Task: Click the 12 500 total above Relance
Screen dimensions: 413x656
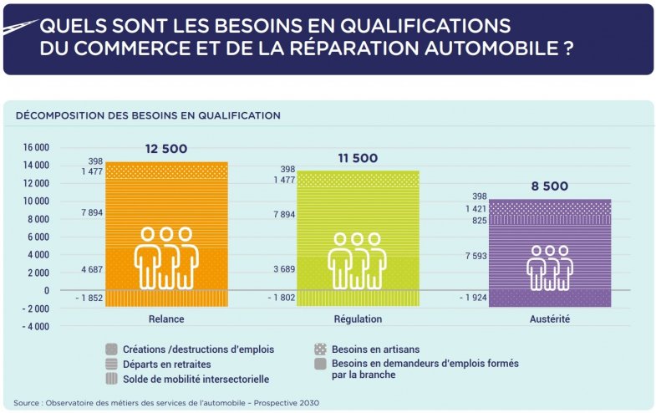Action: coord(165,150)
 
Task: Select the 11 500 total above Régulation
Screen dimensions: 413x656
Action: coord(358,158)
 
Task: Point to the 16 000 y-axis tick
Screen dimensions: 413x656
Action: coord(35,147)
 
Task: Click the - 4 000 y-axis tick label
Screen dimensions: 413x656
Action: coord(35,326)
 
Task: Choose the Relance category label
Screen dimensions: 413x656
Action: coord(165,319)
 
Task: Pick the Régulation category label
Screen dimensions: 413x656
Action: coord(358,319)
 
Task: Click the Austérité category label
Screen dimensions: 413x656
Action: coord(550,319)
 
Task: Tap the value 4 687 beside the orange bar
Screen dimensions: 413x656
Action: coord(91,269)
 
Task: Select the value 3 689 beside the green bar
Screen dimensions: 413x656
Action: coord(284,269)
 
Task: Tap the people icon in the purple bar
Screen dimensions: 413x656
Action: coord(550,267)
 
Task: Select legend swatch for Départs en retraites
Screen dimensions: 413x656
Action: coord(111,365)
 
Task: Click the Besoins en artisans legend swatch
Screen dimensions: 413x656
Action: coord(320,349)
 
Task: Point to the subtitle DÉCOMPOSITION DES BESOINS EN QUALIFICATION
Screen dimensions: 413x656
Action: coord(148,115)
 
